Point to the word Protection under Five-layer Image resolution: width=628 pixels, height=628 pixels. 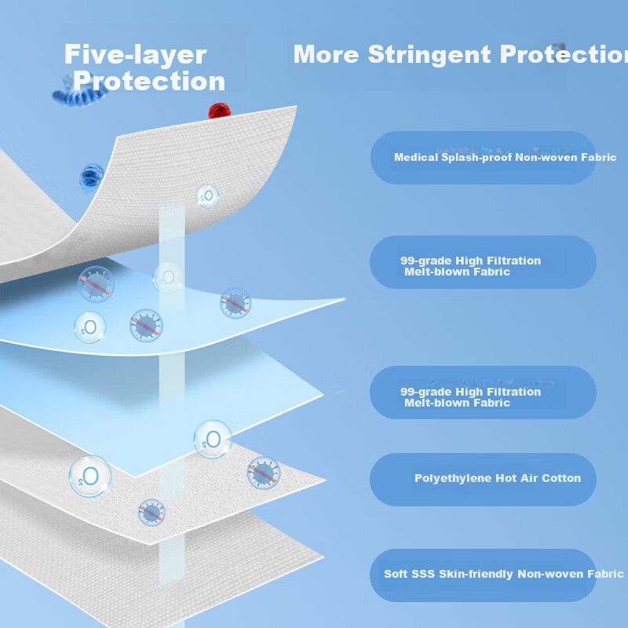[149, 81]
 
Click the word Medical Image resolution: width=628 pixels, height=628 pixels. [416, 157]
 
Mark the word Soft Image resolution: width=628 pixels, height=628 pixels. [396, 574]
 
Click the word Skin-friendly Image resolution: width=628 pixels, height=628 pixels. [474, 574]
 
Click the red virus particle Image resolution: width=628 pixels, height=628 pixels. [217, 111]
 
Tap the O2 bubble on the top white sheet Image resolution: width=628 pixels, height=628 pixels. [207, 195]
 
